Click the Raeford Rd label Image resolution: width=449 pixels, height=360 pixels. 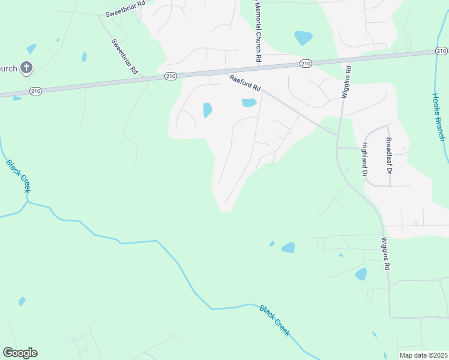coord(245,83)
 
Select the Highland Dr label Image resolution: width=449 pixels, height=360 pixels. coord(364,158)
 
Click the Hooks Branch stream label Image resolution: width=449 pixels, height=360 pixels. coord(439,116)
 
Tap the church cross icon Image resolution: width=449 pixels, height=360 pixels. coord(26,68)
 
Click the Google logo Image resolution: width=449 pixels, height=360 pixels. coord(20,353)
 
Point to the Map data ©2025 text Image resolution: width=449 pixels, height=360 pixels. coord(423,355)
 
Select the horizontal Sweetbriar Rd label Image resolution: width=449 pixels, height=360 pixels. coord(125,13)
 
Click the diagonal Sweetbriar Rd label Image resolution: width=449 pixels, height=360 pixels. coord(124,56)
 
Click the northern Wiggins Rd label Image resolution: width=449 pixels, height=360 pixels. coord(347,82)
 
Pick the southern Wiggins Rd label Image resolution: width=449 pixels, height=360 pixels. coord(387,254)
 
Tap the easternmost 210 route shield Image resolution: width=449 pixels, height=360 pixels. coord(442,52)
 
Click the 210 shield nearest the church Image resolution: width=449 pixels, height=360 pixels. coord(35,91)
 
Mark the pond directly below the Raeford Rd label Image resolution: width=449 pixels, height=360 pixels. coord(249,103)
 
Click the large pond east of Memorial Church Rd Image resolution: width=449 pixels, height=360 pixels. coord(303,38)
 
